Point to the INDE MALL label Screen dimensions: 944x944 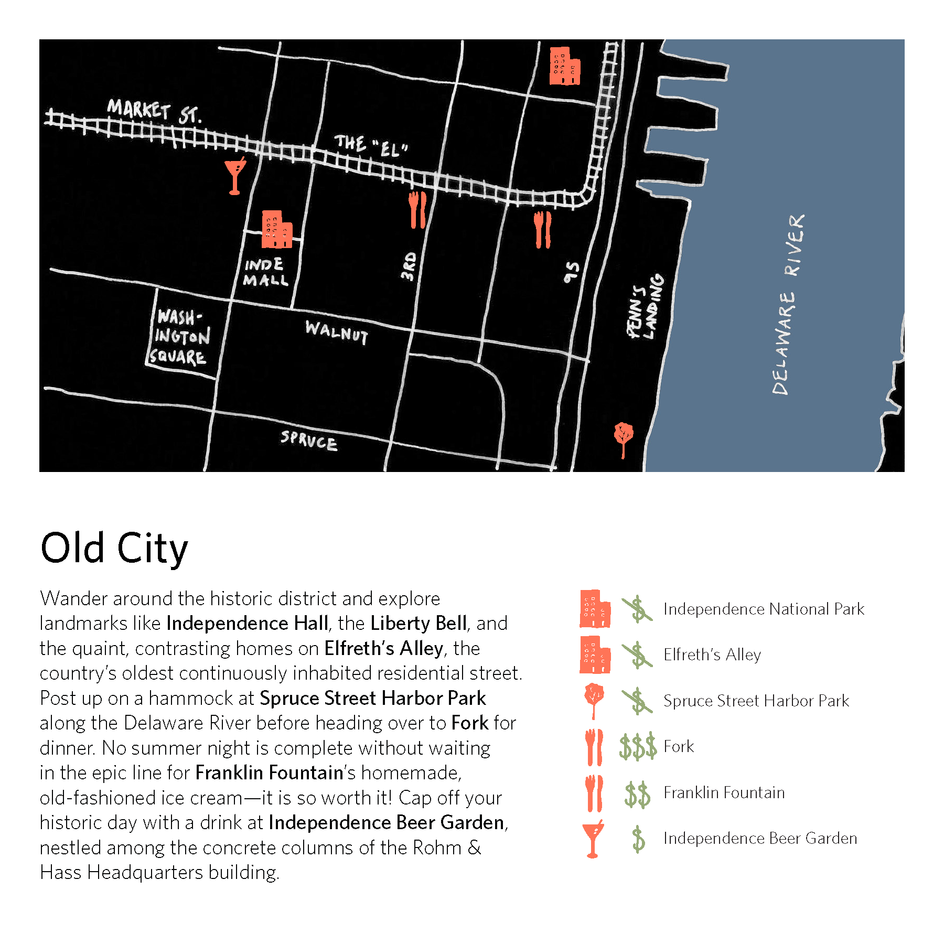click(x=265, y=272)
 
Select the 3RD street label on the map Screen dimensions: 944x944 click(x=409, y=266)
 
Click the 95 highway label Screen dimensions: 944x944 click(x=572, y=272)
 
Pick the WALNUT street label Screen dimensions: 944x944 click(x=337, y=332)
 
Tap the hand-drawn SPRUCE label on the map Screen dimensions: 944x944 click(x=308, y=440)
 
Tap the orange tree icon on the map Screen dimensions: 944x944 click(x=624, y=438)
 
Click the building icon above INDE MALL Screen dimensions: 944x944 click(x=276, y=230)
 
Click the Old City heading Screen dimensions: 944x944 click(x=114, y=549)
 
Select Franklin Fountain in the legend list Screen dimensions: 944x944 click(x=724, y=792)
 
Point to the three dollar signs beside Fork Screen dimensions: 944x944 click(x=638, y=746)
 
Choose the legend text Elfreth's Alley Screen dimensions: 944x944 click(x=712, y=655)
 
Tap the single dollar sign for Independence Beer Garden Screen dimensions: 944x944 click(x=638, y=839)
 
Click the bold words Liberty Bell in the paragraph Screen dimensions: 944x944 click(x=419, y=623)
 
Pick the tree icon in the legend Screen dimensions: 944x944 click(x=594, y=700)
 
